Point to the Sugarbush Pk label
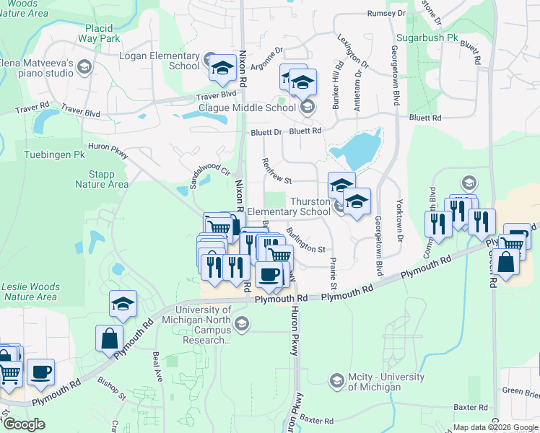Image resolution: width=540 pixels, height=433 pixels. (427, 37)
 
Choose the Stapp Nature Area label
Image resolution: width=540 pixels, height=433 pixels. (102, 179)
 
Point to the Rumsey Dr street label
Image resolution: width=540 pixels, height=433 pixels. (386, 14)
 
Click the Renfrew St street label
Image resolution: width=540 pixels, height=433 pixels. (276, 171)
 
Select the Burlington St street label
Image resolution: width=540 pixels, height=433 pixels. (305, 238)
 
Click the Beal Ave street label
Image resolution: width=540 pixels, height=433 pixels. (157, 359)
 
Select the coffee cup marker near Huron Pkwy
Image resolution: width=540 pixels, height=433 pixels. (269, 275)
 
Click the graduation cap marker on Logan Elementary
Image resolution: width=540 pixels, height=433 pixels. (222, 69)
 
